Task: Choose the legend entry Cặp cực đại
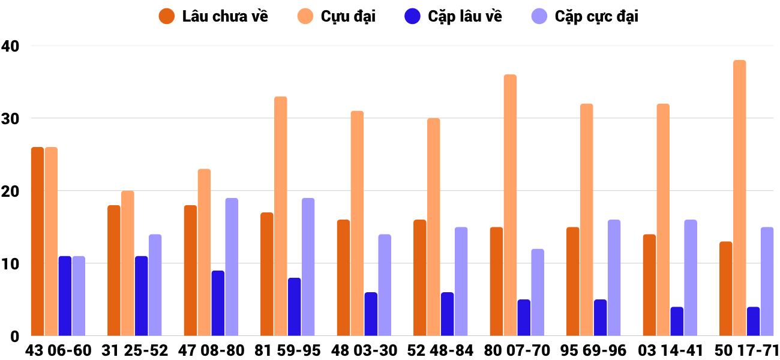point(585,16)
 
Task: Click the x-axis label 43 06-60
point(58,350)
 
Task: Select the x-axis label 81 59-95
point(287,350)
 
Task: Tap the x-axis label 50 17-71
point(746,350)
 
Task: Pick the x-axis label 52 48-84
point(440,350)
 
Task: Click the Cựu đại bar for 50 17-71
point(739,198)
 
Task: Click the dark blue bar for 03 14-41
point(677,322)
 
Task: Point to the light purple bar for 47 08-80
point(232,267)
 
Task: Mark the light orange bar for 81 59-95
point(281,216)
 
